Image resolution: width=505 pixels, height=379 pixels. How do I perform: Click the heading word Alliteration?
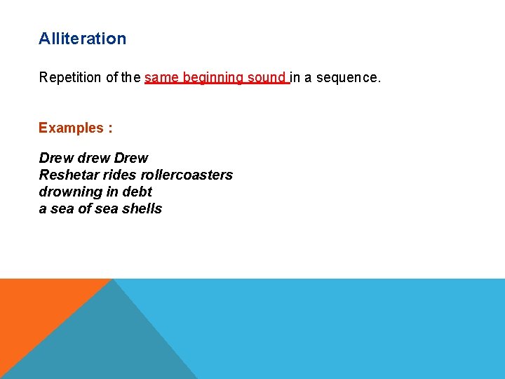[x=82, y=39]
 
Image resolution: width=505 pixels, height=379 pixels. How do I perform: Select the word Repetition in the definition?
[x=70, y=77]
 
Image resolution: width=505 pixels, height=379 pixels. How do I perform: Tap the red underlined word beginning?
[x=213, y=77]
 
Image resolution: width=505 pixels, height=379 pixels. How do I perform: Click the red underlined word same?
[x=161, y=77]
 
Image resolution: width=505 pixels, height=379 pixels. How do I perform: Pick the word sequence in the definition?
[x=348, y=77]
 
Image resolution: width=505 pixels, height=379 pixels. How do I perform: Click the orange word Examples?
[x=70, y=128]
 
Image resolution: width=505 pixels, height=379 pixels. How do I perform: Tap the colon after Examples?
[x=109, y=128]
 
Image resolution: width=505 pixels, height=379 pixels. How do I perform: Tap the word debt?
[x=137, y=192]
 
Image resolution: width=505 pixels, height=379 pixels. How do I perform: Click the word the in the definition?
[x=130, y=77]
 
